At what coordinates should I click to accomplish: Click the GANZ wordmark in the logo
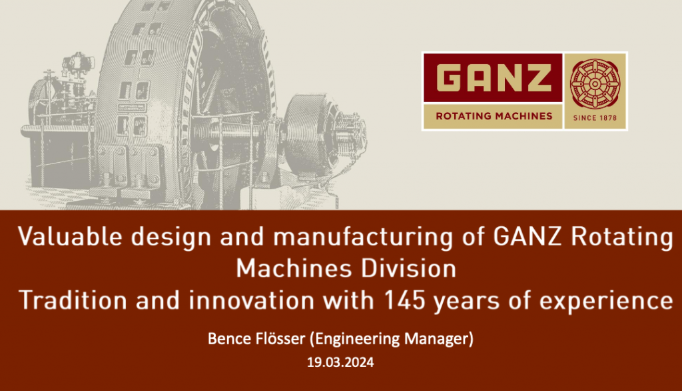click(x=494, y=77)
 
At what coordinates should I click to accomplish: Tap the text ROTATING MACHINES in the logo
click(x=494, y=116)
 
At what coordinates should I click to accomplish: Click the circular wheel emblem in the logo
click(x=595, y=83)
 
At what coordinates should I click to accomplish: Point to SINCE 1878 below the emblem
click(x=595, y=117)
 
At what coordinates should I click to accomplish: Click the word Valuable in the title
click(x=69, y=237)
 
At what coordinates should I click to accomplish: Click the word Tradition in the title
click(x=73, y=301)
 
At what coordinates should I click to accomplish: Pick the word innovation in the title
click(x=252, y=301)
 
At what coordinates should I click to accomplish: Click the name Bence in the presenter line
click(x=228, y=339)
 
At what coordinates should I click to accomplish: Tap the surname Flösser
click(x=279, y=339)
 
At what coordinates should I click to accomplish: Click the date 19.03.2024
click(x=340, y=363)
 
